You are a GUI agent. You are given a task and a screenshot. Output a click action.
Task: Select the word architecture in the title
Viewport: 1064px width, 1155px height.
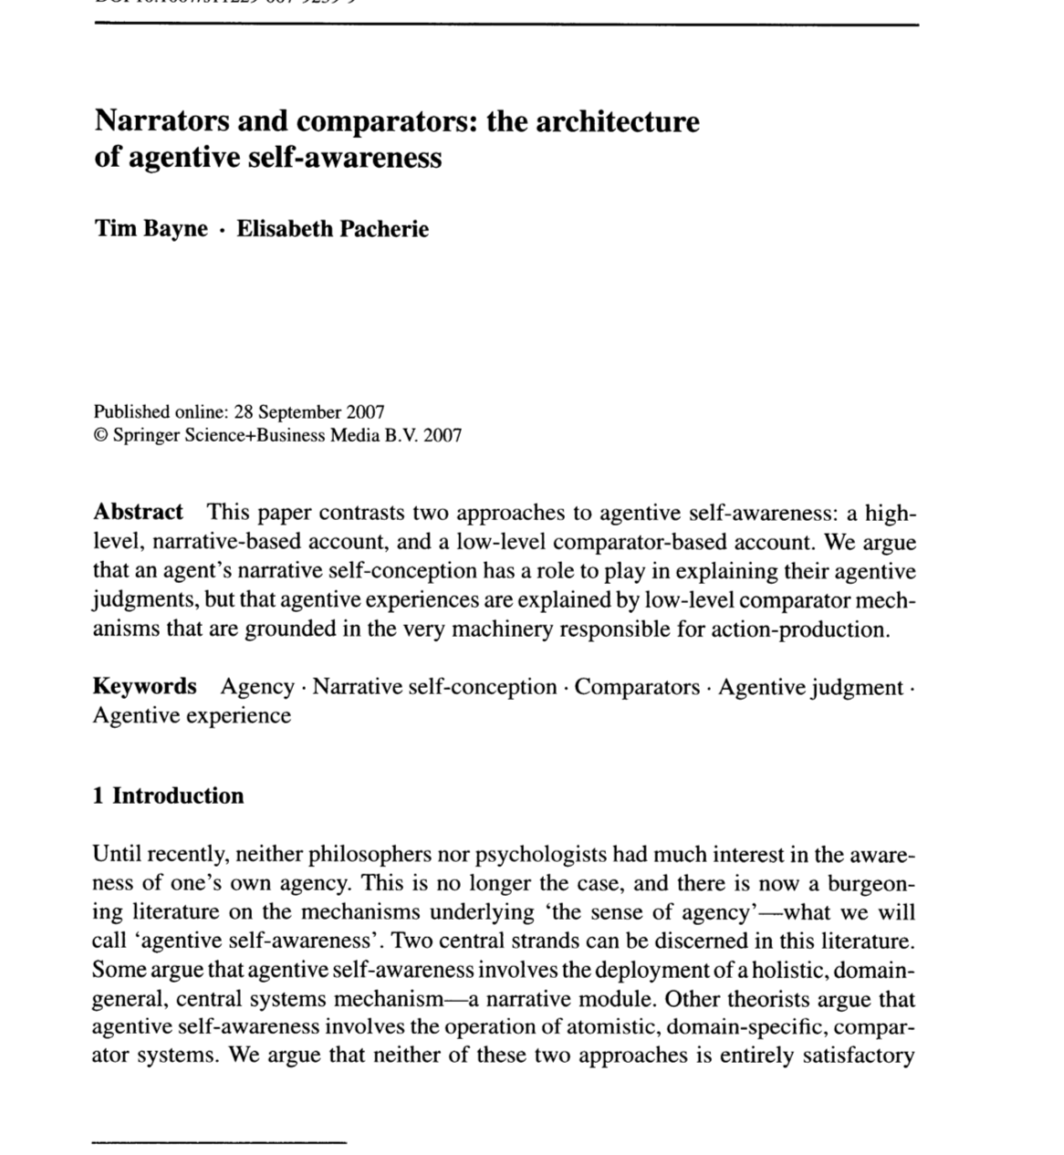[618, 121]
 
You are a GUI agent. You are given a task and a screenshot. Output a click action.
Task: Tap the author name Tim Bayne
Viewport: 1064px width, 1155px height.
[151, 228]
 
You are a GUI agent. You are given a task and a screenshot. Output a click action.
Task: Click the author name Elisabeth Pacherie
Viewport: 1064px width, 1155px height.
[332, 228]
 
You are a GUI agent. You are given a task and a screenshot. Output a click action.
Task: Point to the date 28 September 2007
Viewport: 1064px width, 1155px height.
[309, 411]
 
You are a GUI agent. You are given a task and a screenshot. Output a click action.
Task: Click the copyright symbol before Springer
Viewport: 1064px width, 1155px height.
[100, 435]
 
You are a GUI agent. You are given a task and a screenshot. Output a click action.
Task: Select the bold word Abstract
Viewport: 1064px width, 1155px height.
[138, 512]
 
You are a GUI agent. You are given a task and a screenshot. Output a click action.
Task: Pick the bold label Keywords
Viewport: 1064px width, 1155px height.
[144, 686]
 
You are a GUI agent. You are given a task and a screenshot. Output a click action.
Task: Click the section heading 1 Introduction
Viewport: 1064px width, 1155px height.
[168, 796]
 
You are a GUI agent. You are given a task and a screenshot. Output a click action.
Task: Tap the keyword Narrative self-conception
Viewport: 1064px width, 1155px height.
[434, 687]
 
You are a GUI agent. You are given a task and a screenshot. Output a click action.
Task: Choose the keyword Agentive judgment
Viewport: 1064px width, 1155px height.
[810, 687]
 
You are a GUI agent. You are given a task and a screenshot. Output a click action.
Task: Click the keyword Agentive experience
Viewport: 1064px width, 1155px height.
[192, 716]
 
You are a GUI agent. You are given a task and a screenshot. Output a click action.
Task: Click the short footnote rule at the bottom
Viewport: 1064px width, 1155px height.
[220, 1140]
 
